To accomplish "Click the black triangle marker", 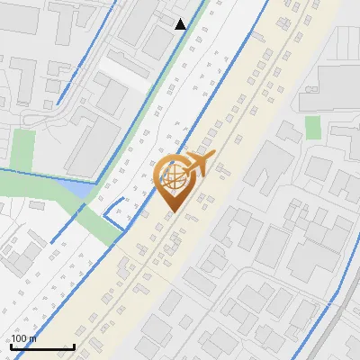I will pyautogui.click(x=180, y=24).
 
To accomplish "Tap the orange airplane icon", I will pyautogui.click(x=200, y=165).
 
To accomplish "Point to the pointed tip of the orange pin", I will pyautogui.click(x=172, y=212).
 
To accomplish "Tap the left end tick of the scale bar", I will pyautogui.click(x=11, y=346).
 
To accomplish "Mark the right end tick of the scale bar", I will pyautogui.click(x=73, y=346).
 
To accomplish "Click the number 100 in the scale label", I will pyautogui.click(x=19, y=338).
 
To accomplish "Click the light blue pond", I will pyautogui.click(x=74, y=189).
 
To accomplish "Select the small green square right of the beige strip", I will pyautogui.click(x=312, y=128).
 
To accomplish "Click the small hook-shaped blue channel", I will pyautogui.click(x=115, y=210).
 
